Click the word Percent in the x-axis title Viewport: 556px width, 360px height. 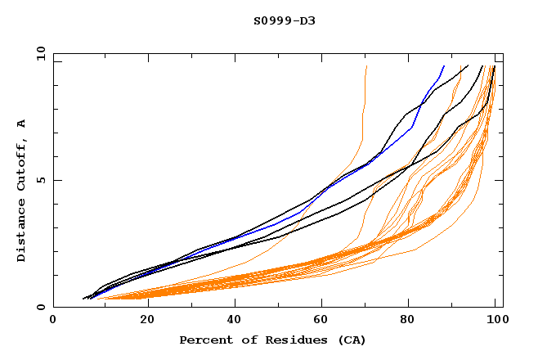[x=203, y=340]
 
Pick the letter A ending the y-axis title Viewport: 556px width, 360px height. [x=21, y=124]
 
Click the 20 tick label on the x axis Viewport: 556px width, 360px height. [x=142, y=322]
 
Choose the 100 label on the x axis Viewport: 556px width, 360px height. [x=495, y=322]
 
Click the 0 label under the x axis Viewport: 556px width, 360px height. [x=54, y=322]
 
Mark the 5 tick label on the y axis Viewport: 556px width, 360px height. [x=41, y=180]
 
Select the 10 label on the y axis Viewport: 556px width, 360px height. [x=38, y=53]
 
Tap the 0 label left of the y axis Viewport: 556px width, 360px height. [x=41, y=308]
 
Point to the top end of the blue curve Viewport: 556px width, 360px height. [x=444, y=65]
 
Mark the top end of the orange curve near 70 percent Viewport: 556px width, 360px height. [x=367, y=65]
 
